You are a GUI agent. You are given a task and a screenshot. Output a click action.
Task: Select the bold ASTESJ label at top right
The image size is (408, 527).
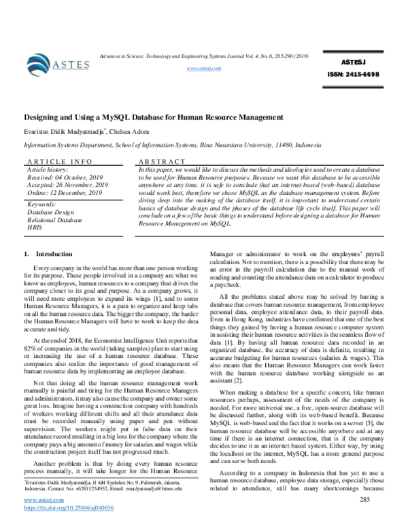click(354, 62)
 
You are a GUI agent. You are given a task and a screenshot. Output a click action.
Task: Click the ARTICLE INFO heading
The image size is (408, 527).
click(59, 162)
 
